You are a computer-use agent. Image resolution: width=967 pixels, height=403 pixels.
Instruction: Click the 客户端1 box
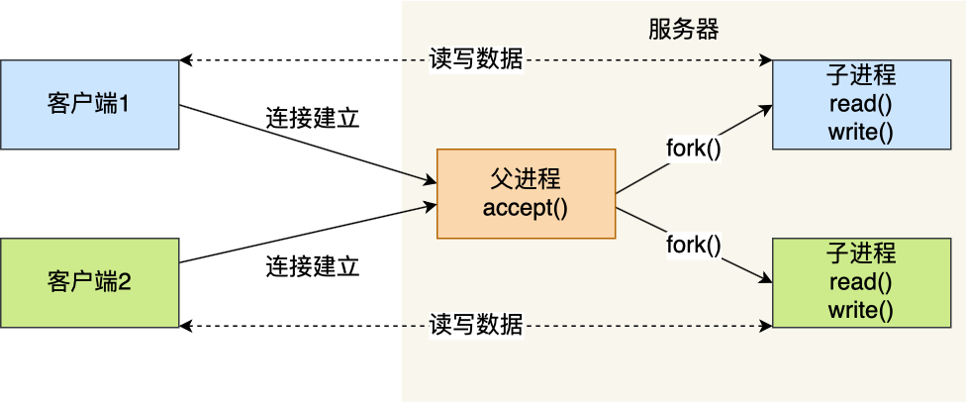89,104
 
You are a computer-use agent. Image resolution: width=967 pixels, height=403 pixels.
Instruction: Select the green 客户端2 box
89,282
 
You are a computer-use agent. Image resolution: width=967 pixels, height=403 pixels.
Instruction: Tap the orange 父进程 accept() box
526,194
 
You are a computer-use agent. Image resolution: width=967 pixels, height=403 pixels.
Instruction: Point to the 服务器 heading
677,30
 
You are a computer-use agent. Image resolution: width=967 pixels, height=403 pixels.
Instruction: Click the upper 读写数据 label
476,59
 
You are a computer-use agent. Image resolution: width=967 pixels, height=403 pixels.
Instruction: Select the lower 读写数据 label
476,326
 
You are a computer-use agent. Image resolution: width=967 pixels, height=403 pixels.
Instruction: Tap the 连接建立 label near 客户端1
313,119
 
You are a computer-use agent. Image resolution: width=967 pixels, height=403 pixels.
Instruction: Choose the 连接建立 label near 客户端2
313,266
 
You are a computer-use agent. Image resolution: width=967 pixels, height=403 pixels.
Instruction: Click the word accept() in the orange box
526,208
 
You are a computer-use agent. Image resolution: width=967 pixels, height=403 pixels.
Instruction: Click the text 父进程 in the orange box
526,179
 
